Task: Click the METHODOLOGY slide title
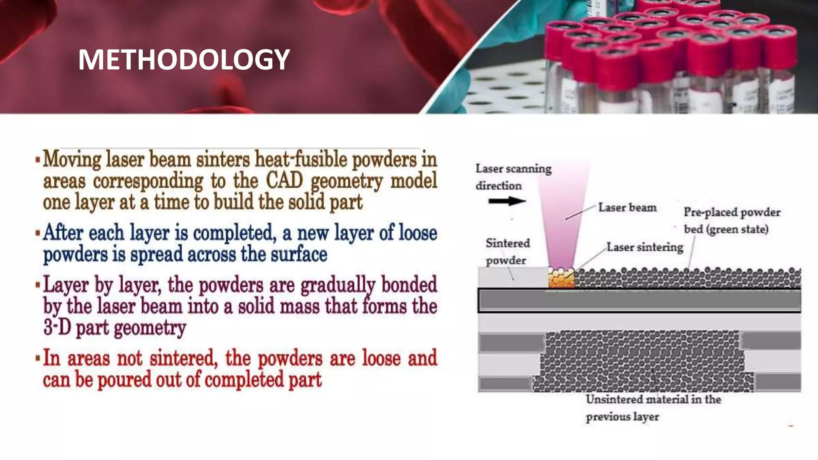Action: [184, 60]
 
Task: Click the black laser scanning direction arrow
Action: [506, 201]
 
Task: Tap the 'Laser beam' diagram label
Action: [627, 208]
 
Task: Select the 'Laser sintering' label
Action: [645, 247]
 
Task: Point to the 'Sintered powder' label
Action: [507, 252]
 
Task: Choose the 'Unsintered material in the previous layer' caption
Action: [653, 408]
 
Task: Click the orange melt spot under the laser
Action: [561, 278]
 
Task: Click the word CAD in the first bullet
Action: [284, 180]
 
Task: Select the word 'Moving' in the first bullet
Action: [72, 159]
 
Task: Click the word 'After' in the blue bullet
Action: [64, 232]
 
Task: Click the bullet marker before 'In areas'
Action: [38, 358]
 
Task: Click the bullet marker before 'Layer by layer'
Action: [38, 285]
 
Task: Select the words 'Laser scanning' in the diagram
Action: [513, 169]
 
